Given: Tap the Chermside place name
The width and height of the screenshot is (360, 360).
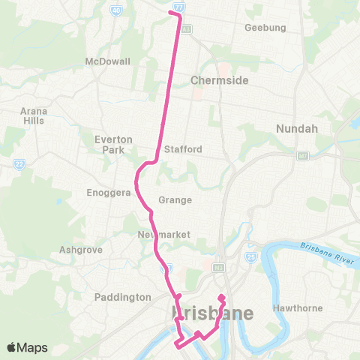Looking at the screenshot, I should point(219,80).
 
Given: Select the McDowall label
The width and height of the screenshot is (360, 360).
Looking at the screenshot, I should point(108,61).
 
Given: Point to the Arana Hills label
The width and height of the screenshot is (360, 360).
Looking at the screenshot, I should point(33,115).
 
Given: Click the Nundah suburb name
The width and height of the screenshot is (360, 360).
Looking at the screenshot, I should point(298,129).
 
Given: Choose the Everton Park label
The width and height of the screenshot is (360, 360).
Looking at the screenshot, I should point(114,144).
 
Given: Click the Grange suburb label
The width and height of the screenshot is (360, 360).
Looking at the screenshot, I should point(175,200).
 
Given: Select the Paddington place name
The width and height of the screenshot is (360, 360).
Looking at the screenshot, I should point(123,297).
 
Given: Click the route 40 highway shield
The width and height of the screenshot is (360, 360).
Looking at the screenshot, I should point(115,10).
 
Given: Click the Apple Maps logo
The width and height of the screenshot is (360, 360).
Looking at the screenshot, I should point(27,347).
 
